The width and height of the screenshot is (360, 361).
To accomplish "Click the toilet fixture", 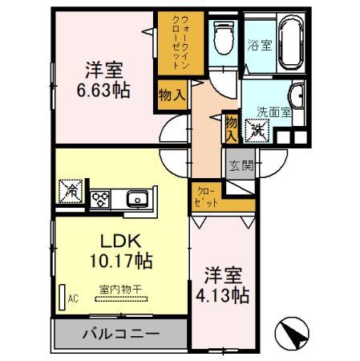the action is [224, 38].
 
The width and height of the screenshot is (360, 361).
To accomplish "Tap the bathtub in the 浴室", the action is [291, 42].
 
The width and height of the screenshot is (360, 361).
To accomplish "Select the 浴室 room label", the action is [259, 45].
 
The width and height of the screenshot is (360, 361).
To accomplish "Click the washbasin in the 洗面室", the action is [297, 96].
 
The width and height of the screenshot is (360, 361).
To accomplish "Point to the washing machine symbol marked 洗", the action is [257, 131].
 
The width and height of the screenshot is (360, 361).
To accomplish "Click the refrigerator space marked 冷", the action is [71, 191].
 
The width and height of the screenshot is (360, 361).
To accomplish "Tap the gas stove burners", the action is [100, 199].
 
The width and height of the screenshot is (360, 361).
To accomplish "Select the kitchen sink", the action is [137, 199].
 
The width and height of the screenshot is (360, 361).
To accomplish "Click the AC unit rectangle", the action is [62, 297].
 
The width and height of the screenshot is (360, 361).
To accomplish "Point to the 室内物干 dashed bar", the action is [121, 299].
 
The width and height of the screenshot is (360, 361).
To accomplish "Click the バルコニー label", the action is [121, 334].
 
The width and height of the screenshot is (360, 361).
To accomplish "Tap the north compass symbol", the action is [292, 333].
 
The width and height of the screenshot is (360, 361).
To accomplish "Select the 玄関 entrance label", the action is [241, 165].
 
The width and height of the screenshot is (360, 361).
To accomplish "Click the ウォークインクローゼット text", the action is [181, 43].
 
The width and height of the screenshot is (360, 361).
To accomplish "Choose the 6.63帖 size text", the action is [103, 90].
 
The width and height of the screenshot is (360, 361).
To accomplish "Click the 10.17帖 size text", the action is [121, 261].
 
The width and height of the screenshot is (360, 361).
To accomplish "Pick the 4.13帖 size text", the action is [223, 295].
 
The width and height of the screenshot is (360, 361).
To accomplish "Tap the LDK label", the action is [120, 241].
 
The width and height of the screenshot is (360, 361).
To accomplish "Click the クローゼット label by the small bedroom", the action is [206, 197].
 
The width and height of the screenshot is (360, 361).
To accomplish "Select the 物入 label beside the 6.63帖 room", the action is [172, 95].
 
